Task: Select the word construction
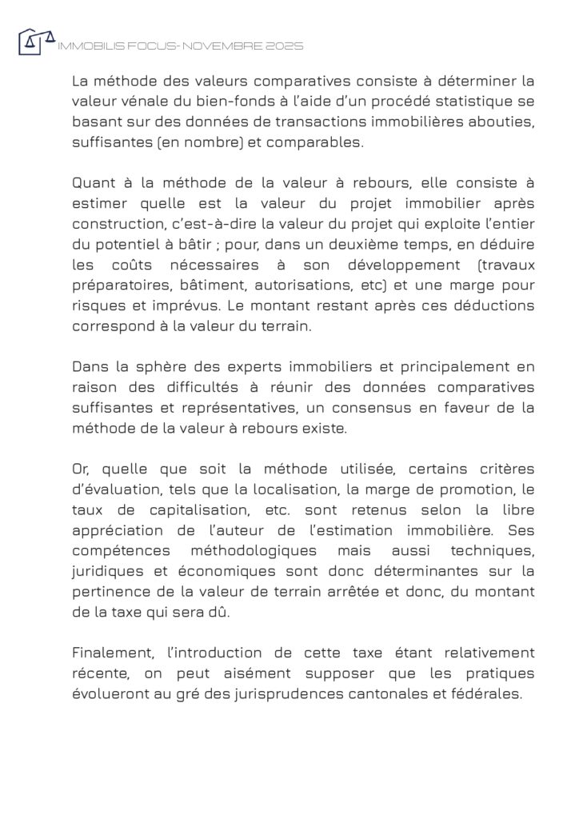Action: point(116,224)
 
